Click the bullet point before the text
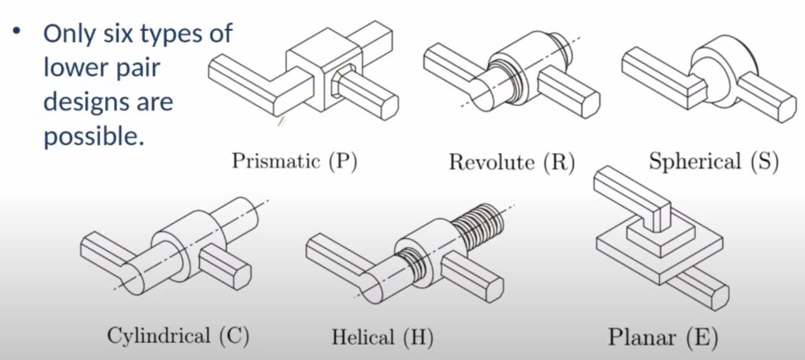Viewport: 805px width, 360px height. [x=17, y=31]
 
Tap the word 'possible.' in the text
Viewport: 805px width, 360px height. [x=94, y=136]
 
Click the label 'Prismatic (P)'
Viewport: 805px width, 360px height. [x=295, y=160]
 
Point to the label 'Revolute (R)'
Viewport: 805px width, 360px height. [x=512, y=162]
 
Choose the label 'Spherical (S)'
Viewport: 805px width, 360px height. [x=714, y=160]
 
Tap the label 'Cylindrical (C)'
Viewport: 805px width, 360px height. [x=178, y=336]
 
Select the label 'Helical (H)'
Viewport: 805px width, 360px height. [x=382, y=337]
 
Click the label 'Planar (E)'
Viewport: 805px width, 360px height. [x=663, y=337]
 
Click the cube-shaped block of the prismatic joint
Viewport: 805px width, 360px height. [x=324, y=70]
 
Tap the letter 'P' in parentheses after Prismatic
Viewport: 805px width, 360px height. [x=342, y=160]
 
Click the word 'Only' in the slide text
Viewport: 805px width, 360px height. [x=69, y=34]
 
